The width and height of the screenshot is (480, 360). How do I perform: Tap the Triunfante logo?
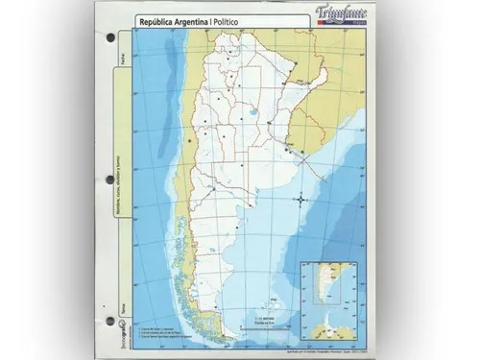(x=335, y=12)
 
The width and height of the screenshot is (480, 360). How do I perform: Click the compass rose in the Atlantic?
(x=301, y=199)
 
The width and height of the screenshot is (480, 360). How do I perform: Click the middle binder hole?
(x=108, y=178)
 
